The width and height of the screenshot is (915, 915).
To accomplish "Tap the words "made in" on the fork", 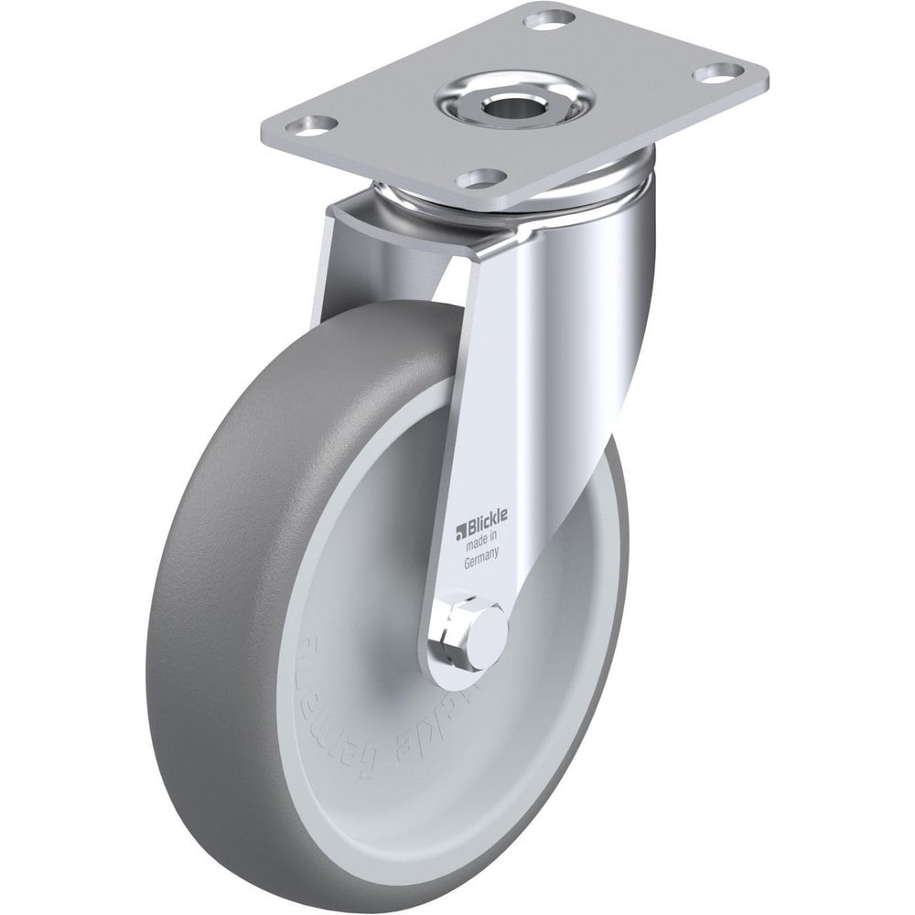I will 487,545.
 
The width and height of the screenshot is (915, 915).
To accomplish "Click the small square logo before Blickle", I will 463,526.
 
